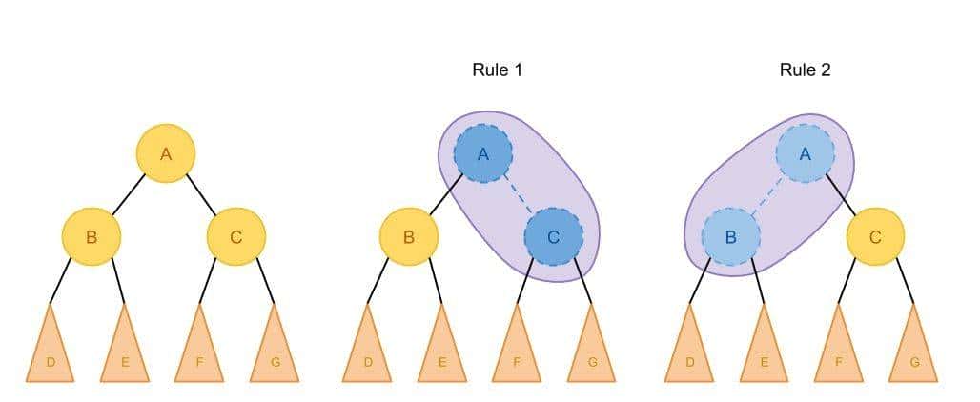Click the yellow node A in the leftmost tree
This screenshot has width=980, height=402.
[x=166, y=153]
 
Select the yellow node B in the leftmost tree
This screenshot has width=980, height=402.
[x=92, y=236]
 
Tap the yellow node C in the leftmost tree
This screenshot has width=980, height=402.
[x=235, y=236]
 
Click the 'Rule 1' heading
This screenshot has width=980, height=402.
[x=497, y=70]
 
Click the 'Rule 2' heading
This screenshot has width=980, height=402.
[x=805, y=70]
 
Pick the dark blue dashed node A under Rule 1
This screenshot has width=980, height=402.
[x=483, y=153]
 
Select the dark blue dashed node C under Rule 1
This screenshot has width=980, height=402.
[x=553, y=236]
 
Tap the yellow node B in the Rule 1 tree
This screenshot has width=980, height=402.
[x=408, y=236]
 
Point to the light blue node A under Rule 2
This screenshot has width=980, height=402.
[x=805, y=153]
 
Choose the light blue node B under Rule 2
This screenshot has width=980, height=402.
[x=730, y=236]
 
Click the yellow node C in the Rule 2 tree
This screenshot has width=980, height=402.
[x=875, y=236]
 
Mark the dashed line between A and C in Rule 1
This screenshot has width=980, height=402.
[x=519, y=195]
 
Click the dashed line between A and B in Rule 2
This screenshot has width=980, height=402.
[x=767, y=195]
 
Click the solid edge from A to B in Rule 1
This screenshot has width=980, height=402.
[x=445, y=195]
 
